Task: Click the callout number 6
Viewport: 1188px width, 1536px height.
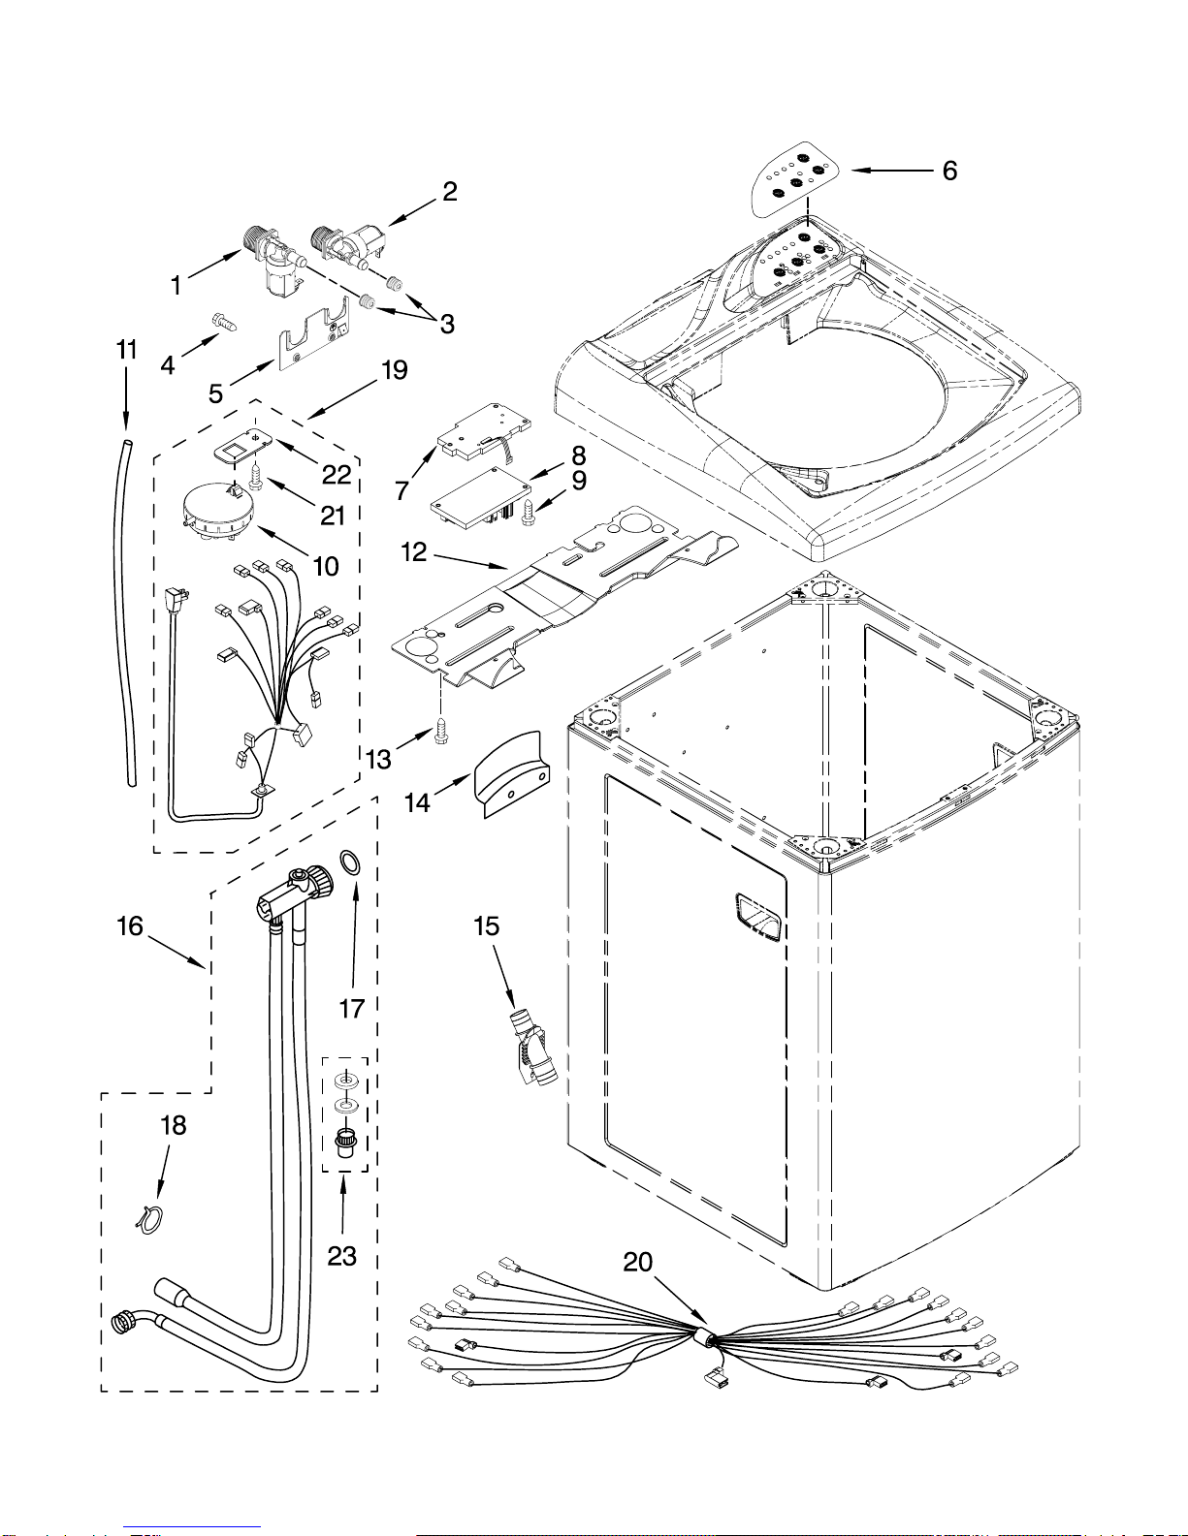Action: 949,171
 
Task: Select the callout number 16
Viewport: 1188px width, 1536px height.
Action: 130,926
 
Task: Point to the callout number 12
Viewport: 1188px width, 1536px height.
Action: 414,551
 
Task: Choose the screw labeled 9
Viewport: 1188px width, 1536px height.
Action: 527,511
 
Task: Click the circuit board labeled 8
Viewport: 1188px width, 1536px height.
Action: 481,498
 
